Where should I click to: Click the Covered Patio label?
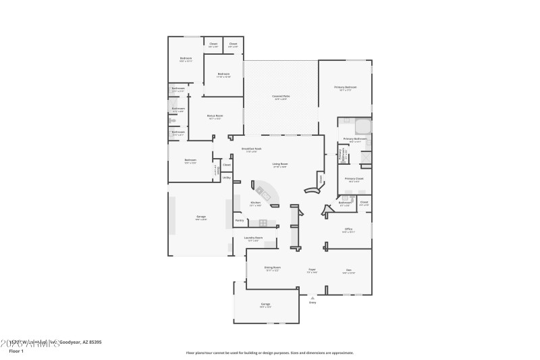point(281,97)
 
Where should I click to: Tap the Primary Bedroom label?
point(345,87)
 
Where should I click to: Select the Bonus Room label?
point(215,116)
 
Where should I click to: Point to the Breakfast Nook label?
point(251,149)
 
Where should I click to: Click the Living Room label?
point(279,163)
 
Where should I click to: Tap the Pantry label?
point(239,220)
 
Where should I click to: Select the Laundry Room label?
point(254,238)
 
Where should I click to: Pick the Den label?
point(348,270)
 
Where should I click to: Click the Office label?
point(348,229)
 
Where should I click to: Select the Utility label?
point(227,178)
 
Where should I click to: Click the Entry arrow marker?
point(313,296)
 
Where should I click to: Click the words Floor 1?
point(15,351)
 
